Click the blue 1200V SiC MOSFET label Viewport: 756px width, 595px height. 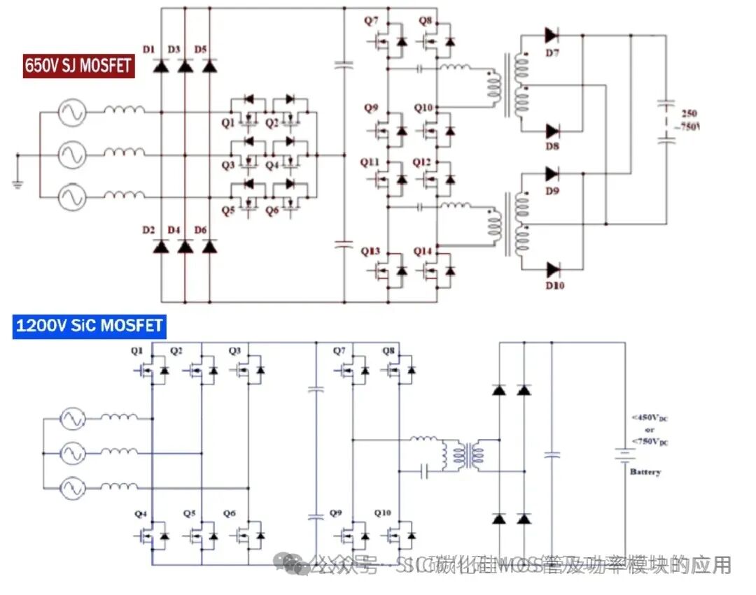point(89,326)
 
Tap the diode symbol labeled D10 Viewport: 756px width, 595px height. point(552,268)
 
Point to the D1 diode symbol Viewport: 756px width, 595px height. point(162,66)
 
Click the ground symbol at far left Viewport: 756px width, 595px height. point(16,184)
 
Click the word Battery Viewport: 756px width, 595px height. point(645,473)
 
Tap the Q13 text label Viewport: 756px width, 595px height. point(371,252)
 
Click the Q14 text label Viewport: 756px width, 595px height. point(423,252)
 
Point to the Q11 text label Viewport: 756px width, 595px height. point(370,162)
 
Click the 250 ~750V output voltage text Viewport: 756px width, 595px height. point(689,120)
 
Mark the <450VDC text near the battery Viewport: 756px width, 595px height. point(650,418)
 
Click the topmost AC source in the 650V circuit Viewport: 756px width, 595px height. point(71,112)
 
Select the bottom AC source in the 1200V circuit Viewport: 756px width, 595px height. point(71,487)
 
